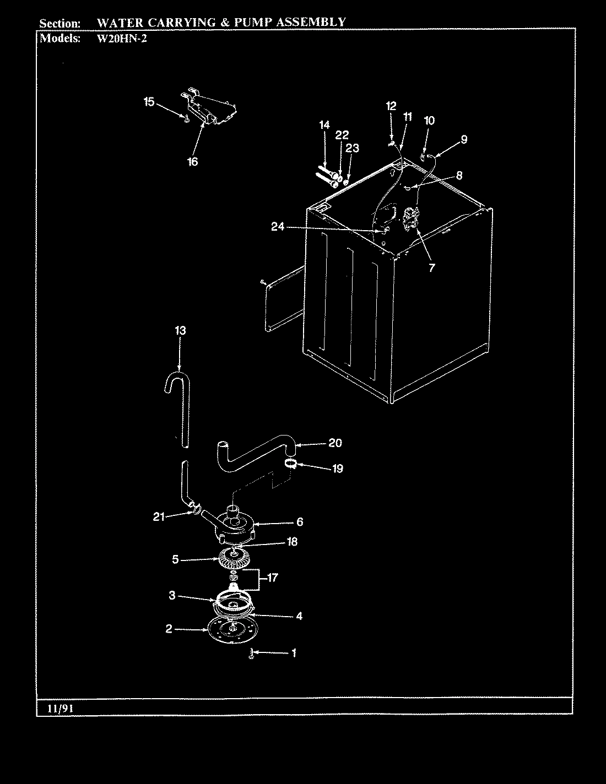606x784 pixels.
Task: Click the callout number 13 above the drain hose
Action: coord(180,331)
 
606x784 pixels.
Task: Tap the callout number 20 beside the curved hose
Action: coord(335,443)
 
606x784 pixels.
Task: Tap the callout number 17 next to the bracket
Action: coord(272,578)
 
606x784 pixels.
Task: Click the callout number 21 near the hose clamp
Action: coord(159,516)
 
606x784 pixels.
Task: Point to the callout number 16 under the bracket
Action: coord(192,162)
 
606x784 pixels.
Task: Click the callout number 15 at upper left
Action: coord(149,102)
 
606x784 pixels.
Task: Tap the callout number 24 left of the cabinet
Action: coord(278,226)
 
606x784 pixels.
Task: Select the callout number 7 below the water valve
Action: coord(431,268)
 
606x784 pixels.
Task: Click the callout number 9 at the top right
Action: coord(463,139)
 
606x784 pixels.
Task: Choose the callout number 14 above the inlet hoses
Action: coord(324,126)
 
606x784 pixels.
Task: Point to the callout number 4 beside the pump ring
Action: coord(299,616)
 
